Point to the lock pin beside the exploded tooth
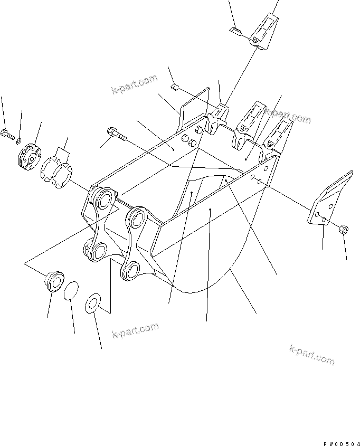235,31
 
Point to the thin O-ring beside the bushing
71,290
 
